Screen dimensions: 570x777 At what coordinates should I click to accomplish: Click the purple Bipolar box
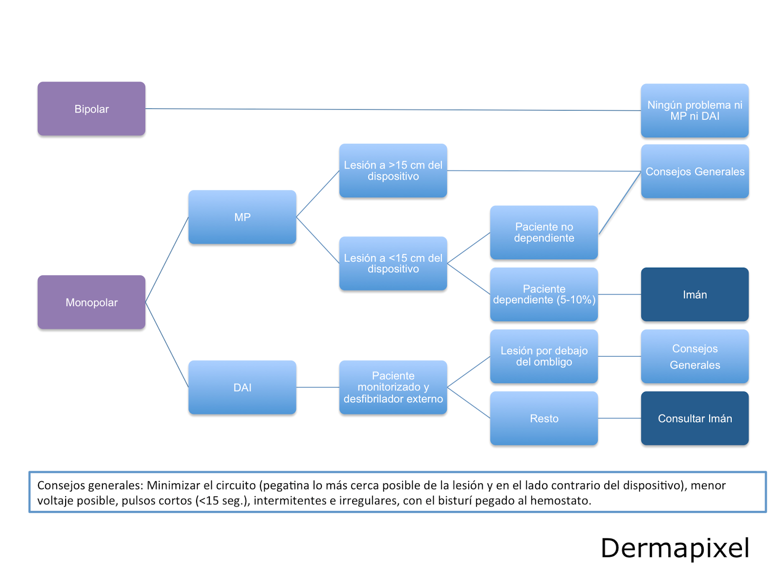(x=91, y=109)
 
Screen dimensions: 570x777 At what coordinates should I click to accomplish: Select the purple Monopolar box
(x=91, y=302)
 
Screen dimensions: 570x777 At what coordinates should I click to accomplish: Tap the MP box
(x=242, y=217)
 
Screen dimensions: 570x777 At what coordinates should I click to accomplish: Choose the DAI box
(x=242, y=387)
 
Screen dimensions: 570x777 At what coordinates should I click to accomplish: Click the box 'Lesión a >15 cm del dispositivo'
(x=393, y=170)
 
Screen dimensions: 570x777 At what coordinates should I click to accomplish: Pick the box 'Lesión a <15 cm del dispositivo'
(x=393, y=263)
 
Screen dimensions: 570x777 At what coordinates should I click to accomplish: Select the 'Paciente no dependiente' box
(x=544, y=232)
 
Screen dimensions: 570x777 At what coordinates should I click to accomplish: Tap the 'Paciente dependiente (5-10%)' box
(x=544, y=294)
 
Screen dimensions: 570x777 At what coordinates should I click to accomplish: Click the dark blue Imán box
(x=694, y=294)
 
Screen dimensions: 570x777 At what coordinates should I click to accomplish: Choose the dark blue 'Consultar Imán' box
(x=694, y=418)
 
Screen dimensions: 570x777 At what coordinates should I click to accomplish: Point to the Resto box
(x=544, y=418)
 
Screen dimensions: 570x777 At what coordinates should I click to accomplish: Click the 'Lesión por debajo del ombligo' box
(x=544, y=356)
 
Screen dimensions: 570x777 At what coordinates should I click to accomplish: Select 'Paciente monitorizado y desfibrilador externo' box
(x=393, y=387)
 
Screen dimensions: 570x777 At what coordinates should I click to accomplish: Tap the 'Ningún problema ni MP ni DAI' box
(x=694, y=110)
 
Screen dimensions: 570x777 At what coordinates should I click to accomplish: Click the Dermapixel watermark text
(x=675, y=548)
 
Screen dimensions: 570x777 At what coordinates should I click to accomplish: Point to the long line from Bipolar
(x=388, y=110)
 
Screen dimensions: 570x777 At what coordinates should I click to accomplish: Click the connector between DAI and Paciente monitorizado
(x=318, y=387)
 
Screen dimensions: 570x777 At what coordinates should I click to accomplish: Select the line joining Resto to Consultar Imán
(x=619, y=418)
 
